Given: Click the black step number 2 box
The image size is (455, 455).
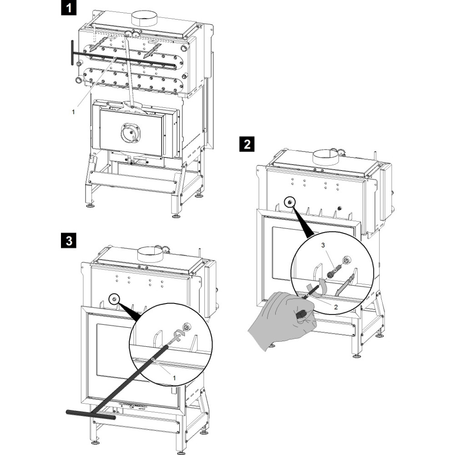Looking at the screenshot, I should click(247, 145).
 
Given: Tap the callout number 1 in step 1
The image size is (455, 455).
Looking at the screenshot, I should click(73, 111).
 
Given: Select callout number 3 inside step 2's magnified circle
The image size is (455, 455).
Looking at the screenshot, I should click(324, 246).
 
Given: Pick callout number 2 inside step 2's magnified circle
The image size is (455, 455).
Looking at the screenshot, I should click(335, 307).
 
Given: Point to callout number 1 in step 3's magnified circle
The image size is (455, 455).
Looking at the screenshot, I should click(174, 377).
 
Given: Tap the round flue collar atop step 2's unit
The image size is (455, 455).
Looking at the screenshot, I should click(325, 157).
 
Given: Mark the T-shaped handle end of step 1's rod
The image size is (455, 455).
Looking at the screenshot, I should click(72, 53).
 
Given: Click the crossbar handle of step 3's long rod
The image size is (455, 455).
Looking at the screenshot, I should click(91, 415).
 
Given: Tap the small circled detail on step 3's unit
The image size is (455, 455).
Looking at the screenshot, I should click(114, 299).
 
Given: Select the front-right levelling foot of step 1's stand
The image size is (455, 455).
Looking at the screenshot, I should click(176, 214).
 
